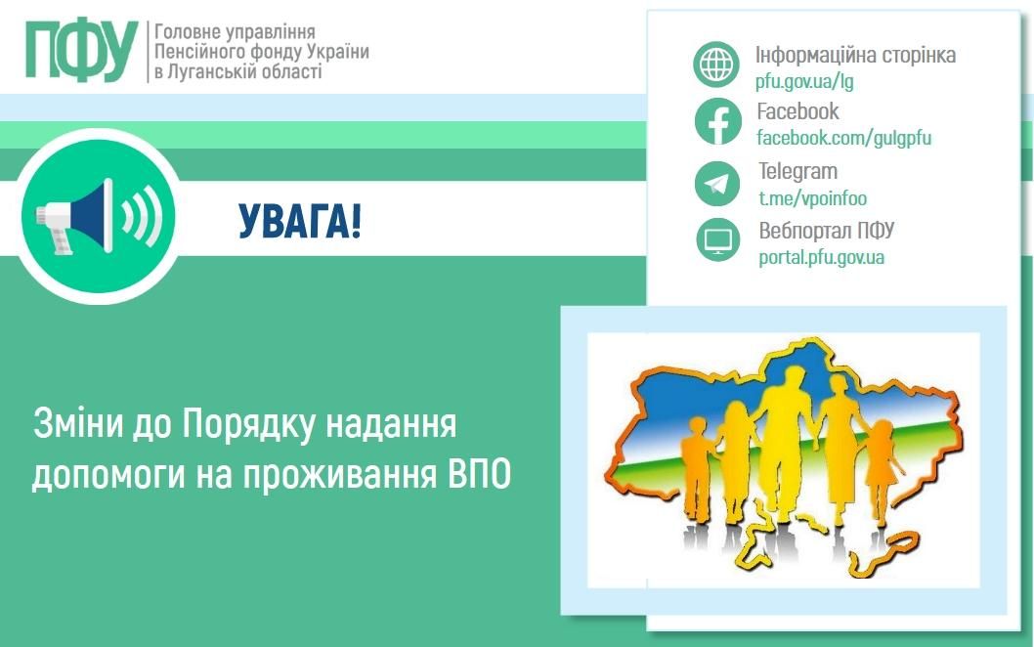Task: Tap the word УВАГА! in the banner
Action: coord(299,222)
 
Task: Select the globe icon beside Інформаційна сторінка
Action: coord(718,65)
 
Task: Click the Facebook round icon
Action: coord(718,123)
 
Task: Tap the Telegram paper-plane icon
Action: coord(718,183)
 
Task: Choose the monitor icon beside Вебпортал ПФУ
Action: coord(718,240)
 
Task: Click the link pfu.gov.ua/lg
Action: coord(804,81)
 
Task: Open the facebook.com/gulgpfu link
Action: coord(844,138)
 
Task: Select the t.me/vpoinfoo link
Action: coord(812,198)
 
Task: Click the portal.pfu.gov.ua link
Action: coord(821,258)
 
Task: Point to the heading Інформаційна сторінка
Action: coord(855,55)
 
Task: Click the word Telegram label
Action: coord(797,172)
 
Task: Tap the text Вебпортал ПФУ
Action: coord(827,232)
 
